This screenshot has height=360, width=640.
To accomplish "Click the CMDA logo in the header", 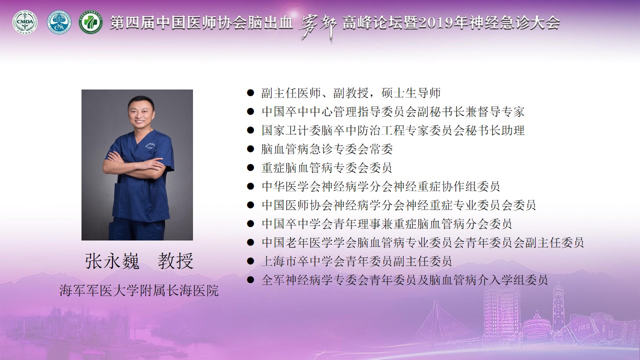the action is (x=25, y=22).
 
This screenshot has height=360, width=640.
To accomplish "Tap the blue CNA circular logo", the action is (x=59, y=22).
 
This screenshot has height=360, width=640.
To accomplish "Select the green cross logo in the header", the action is (x=90, y=22).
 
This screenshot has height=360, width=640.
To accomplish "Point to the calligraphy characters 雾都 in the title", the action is (x=317, y=27).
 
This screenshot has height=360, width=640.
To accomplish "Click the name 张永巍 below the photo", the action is (x=112, y=261).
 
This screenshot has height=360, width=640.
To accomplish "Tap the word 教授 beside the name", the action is (x=175, y=261).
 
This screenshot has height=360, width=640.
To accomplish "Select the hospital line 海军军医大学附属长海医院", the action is (x=139, y=290).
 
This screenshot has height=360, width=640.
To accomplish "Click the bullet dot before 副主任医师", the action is (x=250, y=93).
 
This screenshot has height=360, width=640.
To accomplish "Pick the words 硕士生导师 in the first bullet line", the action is (x=411, y=93).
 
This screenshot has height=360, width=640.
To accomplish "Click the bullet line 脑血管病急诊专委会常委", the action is (x=327, y=149).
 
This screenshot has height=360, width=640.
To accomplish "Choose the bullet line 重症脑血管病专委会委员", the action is (x=326, y=167).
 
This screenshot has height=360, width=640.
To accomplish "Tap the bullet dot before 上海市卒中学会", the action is (x=250, y=261).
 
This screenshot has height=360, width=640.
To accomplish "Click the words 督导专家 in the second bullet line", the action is (x=501, y=111).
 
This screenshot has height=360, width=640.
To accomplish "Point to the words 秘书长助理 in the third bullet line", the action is (x=495, y=130).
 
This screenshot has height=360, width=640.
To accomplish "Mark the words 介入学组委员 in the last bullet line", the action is (x=512, y=279).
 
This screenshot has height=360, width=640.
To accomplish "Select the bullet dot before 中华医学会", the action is (x=250, y=186).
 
